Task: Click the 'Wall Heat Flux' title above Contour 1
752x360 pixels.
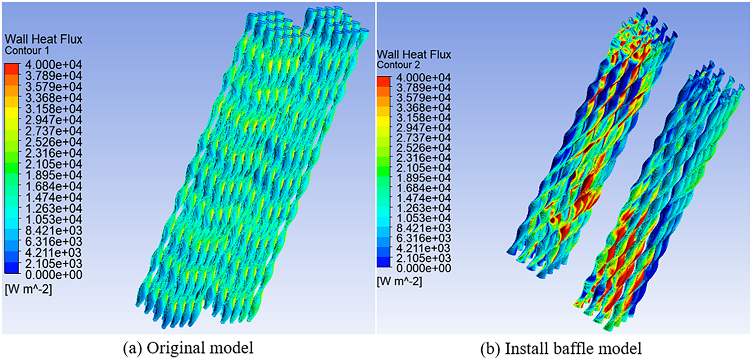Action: [43, 39]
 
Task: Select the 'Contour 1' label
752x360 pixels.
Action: [27, 51]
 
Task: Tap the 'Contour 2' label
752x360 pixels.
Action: [398, 65]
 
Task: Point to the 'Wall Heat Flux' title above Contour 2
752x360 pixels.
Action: [414, 54]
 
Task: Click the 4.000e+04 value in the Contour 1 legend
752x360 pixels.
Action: [54, 65]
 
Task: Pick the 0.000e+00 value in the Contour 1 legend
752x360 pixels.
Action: [54, 275]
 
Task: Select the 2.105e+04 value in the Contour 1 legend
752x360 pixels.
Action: [54, 164]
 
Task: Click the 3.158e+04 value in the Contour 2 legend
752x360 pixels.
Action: [424, 117]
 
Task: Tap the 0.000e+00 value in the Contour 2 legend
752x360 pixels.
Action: [424, 268]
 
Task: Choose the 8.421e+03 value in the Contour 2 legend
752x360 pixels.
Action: [424, 228]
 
